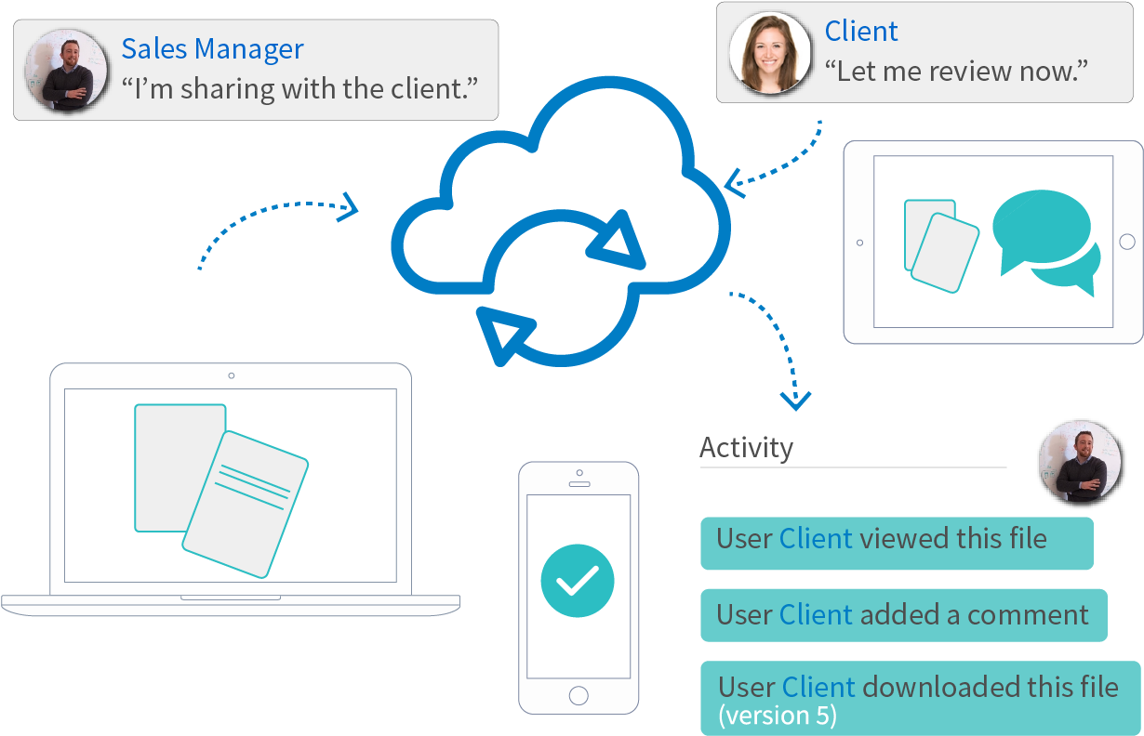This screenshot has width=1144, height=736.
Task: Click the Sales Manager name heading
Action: pos(212,48)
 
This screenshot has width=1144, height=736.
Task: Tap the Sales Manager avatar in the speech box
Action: pos(66,71)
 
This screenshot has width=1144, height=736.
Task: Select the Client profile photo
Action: pos(769,54)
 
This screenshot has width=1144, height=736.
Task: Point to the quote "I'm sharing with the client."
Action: pos(299,89)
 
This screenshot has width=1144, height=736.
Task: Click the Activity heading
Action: pos(746,447)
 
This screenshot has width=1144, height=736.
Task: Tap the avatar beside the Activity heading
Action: pos(1079,461)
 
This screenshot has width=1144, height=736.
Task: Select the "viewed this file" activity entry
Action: pos(896,540)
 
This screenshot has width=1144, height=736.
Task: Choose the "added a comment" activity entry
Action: pos(902,614)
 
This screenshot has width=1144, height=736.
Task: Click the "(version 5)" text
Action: pos(778,716)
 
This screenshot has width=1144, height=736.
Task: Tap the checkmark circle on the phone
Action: pos(578,581)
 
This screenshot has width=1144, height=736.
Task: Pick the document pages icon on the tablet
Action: pos(940,243)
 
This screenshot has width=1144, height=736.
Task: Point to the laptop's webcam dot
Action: pos(231,375)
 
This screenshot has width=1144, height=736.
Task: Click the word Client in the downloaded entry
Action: pos(818,687)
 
